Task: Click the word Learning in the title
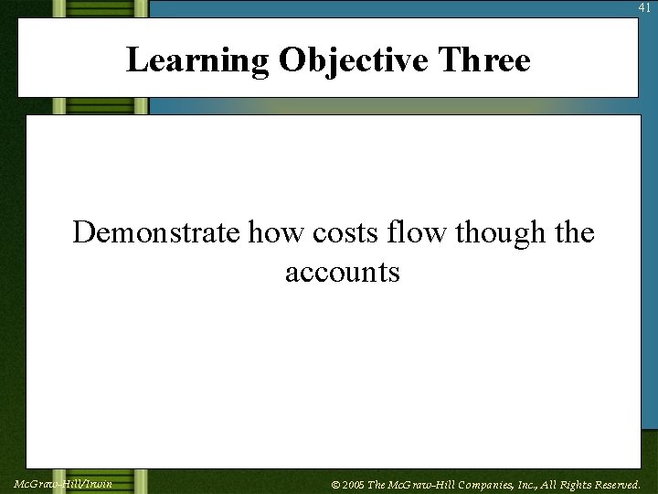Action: pos(197,60)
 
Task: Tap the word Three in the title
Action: pos(483,60)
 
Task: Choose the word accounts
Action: pos(343,272)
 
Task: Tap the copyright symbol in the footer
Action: pos(335,485)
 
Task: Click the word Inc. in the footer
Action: pos(532,485)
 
